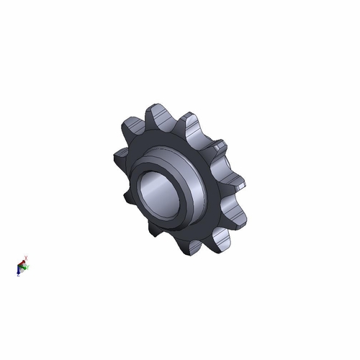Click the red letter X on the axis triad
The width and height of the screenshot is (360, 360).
click(26, 256)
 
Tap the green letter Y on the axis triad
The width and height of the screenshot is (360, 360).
click(28, 268)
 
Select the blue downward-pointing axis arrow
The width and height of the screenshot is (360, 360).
click(19, 273)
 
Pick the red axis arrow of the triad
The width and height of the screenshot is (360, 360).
click(23, 261)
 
